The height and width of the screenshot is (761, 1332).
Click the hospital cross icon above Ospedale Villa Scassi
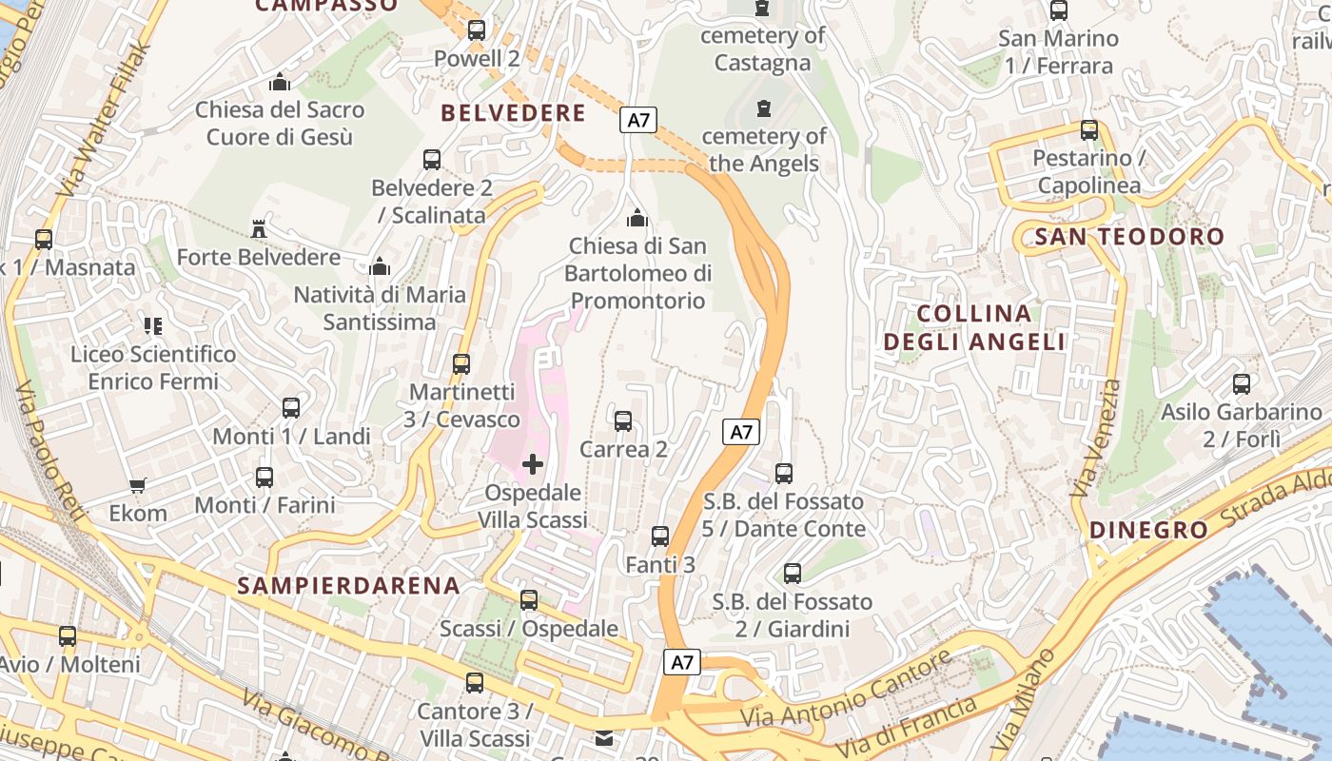click(533, 464)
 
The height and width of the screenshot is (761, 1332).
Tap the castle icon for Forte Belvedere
click(258, 228)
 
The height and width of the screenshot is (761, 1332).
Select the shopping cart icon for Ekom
click(138, 485)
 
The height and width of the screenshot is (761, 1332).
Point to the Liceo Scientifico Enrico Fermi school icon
click(153, 326)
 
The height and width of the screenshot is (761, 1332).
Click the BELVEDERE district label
click(513, 113)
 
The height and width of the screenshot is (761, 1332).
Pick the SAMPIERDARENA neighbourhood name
click(349, 585)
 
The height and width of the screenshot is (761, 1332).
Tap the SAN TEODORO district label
click(1129, 237)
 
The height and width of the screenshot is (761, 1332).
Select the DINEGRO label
click(1148, 530)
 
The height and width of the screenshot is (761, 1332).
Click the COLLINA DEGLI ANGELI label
click(974, 327)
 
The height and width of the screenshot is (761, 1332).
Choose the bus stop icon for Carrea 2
click(623, 420)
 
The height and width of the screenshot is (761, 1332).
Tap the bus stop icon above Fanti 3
click(660, 537)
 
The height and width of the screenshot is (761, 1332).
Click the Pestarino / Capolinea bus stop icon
click(1089, 130)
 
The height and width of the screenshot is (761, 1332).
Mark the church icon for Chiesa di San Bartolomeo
click(637, 219)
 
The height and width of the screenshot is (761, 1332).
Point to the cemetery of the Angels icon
click(763, 108)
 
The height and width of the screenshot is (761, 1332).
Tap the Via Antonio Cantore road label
click(847, 690)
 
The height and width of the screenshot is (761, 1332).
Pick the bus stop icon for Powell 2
click(477, 30)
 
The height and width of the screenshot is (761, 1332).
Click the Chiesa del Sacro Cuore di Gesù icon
click(280, 82)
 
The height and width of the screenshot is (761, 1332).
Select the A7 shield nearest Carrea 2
click(741, 432)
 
